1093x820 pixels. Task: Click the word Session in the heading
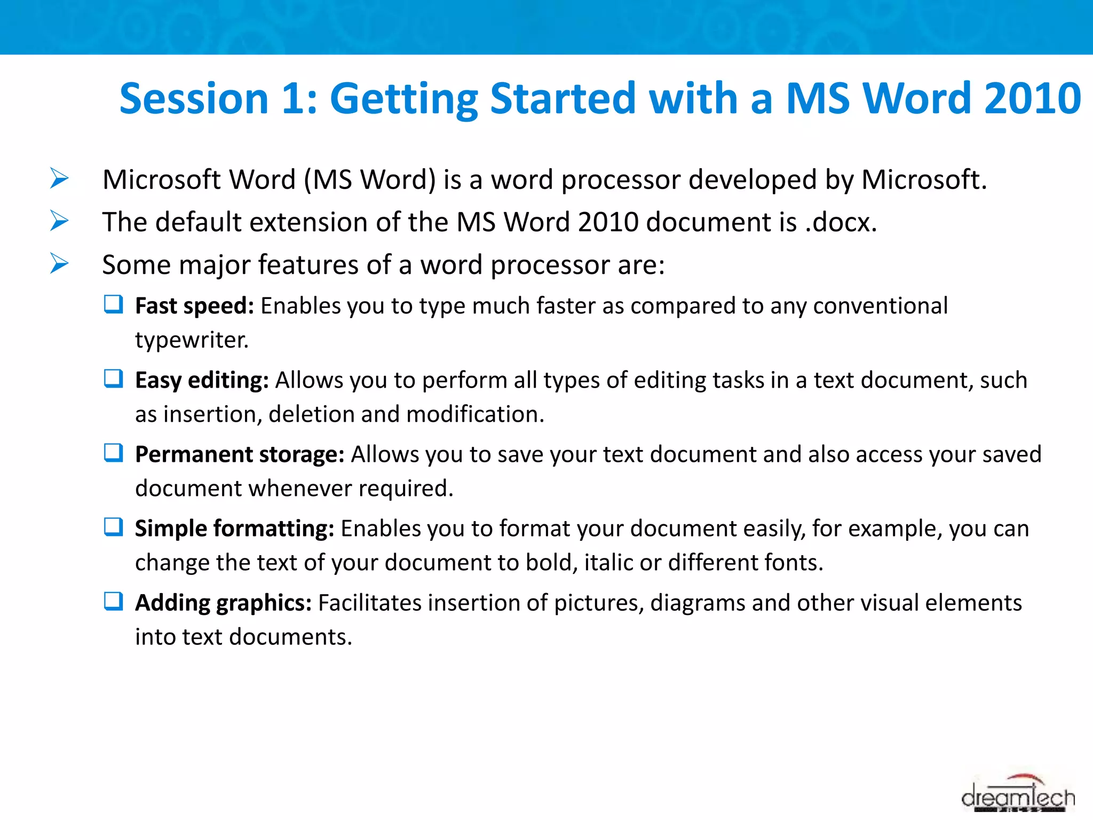pyautogui.click(x=194, y=99)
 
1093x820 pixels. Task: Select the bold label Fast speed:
pyautogui.click(x=194, y=306)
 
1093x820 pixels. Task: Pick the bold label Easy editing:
pyautogui.click(x=202, y=381)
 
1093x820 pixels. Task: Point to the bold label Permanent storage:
pyautogui.click(x=240, y=455)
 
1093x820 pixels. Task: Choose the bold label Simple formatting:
pyautogui.click(x=234, y=529)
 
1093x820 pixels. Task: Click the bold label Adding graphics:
pyautogui.click(x=223, y=603)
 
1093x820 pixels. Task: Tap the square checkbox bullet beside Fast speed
pyautogui.click(x=113, y=305)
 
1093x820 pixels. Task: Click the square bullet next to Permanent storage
pyautogui.click(x=113, y=453)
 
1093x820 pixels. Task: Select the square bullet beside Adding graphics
pyautogui.click(x=113, y=602)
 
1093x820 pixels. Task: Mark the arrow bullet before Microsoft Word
pyautogui.click(x=59, y=178)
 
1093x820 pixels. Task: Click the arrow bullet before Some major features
pyautogui.click(x=59, y=263)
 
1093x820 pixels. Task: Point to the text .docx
pyautogui.click(x=841, y=222)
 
